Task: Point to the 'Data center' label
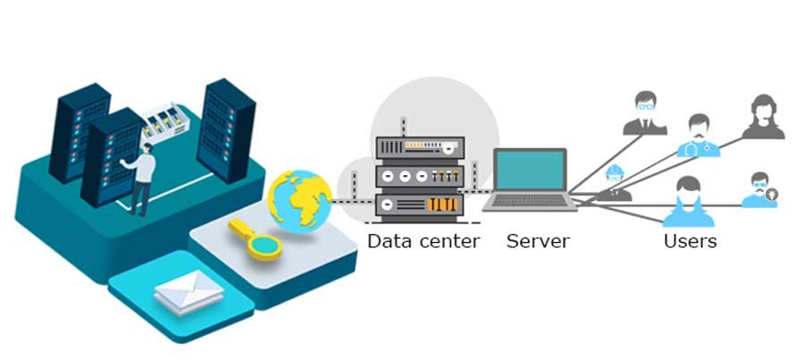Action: click(x=423, y=240)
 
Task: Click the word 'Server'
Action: click(x=538, y=240)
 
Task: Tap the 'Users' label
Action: click(x=690, y=240)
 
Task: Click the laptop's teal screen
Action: click(x=531, y=170)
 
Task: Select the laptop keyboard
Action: click(x=531, y=200)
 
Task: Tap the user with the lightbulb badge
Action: click(x=759, y=190)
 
